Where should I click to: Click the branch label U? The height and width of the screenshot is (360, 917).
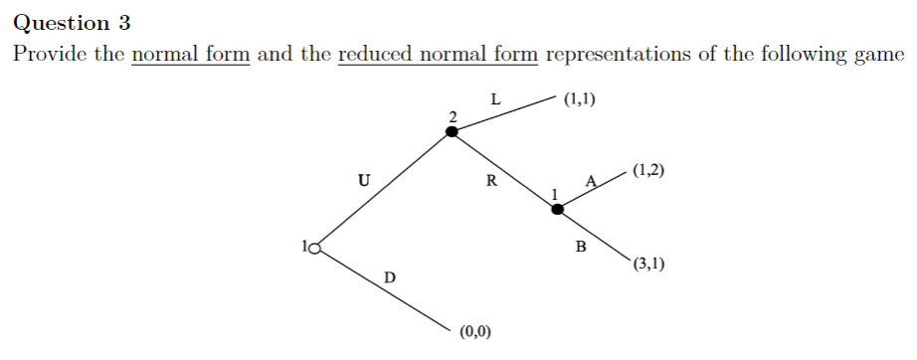click(364, 181)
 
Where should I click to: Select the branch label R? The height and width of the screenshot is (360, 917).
click(490, 181)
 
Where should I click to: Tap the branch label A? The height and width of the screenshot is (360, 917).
click(591, 180)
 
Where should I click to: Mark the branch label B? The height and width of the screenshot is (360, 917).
click(582, 245)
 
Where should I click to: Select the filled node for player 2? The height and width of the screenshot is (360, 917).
click(453, 131)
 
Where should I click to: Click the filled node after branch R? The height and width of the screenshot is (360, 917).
click(558, 209)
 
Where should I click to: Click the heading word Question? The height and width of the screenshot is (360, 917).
click(58, 22)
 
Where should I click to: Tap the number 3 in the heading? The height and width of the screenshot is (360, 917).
click(123, 22)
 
